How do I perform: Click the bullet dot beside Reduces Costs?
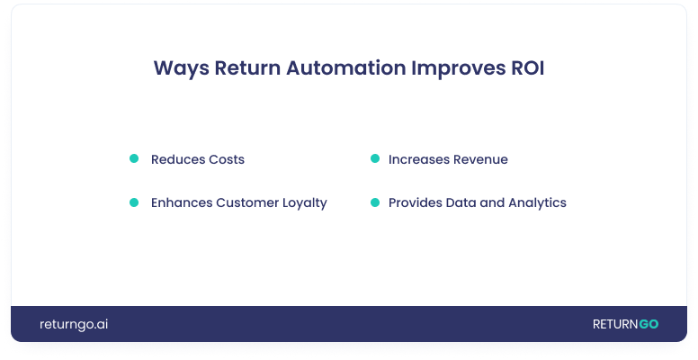(x=134, y=159)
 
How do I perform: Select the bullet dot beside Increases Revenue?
(x=375, y=159)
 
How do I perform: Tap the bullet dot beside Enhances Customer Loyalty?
(x=134, y=202)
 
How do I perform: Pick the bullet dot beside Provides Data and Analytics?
(x=375, y=202)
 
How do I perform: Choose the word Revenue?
(x=479, y=159)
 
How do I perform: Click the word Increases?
(x=417, y=159)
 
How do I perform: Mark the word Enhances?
(x=181, y=202)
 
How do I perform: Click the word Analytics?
(x=537, y=203)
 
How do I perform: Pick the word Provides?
(x=415, y=202)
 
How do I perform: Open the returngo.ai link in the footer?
(x=74, y=324)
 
